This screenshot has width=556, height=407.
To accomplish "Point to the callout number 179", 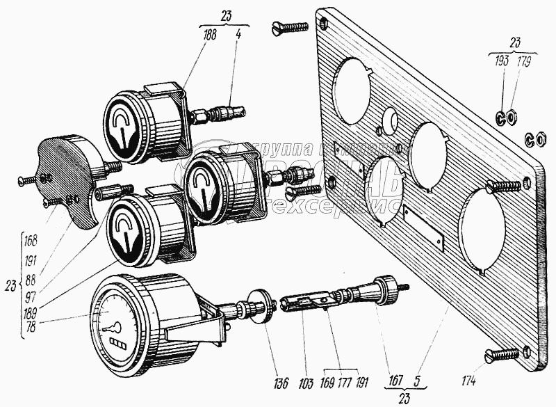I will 523,63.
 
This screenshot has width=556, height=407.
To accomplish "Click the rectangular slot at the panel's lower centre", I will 424,228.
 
